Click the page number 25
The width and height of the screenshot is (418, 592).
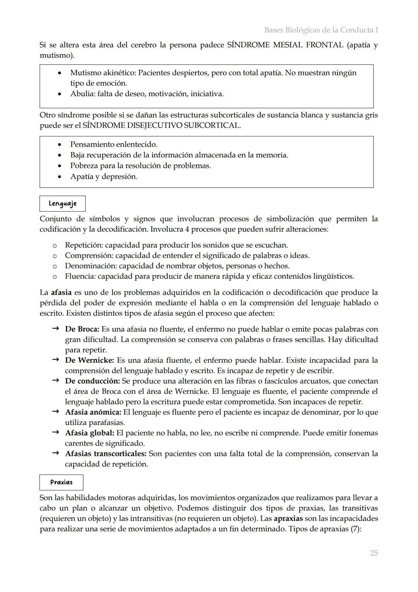373,553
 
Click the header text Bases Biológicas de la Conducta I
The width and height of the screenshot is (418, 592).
321,30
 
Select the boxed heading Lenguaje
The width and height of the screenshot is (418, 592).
62,204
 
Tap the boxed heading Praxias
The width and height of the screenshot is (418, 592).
61,482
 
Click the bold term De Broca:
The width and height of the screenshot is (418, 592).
82,329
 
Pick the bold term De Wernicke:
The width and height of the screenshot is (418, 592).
89,360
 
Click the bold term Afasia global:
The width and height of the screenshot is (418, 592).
89,433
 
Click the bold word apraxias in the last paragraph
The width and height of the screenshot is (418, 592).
288,518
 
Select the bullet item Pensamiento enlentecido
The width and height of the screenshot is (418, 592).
113,145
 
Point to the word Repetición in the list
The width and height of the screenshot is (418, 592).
83,245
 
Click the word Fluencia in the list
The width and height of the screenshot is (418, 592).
80,276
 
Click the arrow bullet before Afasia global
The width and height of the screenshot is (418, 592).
55,432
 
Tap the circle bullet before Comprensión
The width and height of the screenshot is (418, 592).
55,256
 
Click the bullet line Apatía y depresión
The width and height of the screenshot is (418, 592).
103,177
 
